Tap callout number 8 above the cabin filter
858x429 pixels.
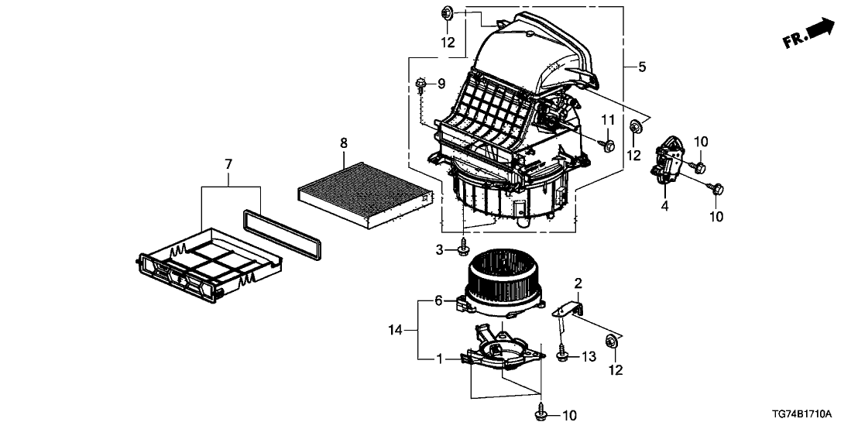click(x=344, y=143)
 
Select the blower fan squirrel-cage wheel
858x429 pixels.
click(x=504, y=279)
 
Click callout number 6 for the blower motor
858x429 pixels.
click(x=438, y=301)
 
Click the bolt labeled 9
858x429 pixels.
click(x=420, y=83)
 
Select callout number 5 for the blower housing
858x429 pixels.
click(x=642, y=67)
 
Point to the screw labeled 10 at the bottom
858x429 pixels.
click(x=540, y=415)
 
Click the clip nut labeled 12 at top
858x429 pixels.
click(x=447, y=12)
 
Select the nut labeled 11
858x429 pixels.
click(x=608, y=145)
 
